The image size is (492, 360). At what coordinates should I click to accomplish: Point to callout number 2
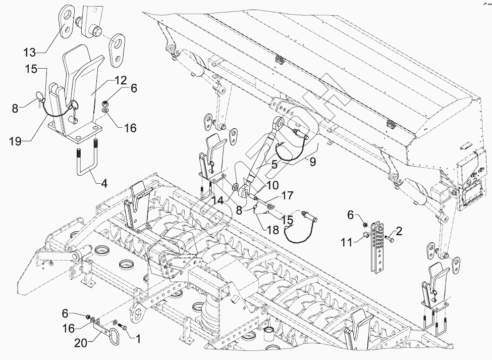tap(400, 231)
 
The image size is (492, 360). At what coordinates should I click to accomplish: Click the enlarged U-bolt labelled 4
tap(86, 162)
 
